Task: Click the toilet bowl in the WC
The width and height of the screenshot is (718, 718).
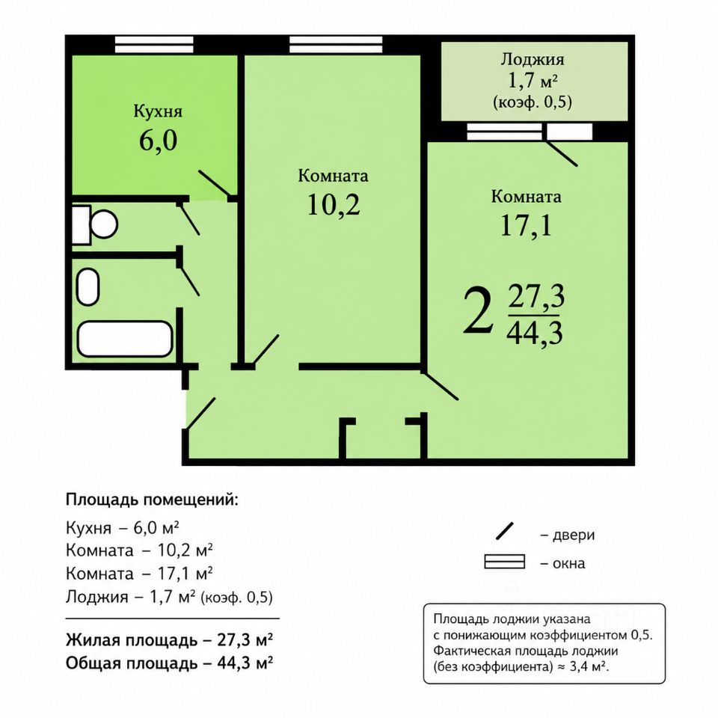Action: point(95,224)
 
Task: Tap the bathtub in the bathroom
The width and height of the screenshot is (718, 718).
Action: point(125,339)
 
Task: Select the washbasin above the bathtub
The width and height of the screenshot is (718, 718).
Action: point(88,286)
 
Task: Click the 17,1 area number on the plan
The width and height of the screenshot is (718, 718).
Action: point(526,225)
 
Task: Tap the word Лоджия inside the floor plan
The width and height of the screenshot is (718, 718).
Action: point(532,59)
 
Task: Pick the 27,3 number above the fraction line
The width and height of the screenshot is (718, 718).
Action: point(536,297)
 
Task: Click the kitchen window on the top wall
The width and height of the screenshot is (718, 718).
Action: point(154,45)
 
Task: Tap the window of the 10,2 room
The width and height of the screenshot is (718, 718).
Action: point(336,45)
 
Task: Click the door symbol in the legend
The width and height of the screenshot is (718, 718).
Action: point(505,531)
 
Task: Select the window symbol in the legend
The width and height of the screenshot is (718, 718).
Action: point(505,562)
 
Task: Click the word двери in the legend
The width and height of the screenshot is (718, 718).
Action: point(574,535)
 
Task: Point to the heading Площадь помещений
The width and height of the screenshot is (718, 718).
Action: point(152,500)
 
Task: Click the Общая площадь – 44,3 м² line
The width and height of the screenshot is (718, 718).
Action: point(170,663)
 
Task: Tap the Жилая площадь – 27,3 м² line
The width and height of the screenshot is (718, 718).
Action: point(170,639)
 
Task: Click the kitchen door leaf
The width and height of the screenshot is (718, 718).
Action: point(214,184)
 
